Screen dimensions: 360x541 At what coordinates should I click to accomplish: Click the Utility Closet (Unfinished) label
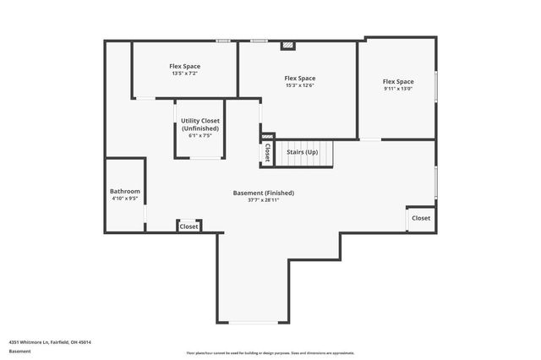(200, 124)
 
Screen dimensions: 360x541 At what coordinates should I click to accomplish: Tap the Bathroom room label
(124, 192)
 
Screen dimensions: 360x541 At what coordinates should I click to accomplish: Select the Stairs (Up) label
(302, 152)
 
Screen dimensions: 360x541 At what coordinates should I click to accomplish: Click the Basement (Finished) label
(264, 193)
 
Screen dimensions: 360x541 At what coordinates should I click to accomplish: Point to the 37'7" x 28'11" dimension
(264, 201)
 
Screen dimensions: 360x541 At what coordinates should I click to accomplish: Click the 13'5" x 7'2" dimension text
(184, 74)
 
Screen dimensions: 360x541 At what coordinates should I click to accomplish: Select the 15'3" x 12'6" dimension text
(300, 85)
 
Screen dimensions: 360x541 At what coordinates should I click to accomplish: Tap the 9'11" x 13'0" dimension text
(398, 89)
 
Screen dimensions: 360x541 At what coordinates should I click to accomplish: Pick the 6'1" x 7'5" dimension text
(200, 136)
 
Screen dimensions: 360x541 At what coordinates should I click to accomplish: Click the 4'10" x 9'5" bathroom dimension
(124, 199)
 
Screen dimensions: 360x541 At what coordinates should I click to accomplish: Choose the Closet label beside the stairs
(268, 152)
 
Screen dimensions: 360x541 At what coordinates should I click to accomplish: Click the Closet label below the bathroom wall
(189, 226)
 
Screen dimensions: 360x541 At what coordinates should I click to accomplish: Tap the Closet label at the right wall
(420, 218)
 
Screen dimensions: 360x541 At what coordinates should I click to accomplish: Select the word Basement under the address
(19, 351)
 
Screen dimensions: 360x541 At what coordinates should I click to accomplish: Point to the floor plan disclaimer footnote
(270, 352)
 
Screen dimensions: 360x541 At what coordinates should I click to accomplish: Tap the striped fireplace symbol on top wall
(287, 46)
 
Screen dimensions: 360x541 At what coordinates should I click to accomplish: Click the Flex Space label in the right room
(398, 81)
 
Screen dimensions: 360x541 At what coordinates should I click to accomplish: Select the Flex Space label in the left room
(184, 66)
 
